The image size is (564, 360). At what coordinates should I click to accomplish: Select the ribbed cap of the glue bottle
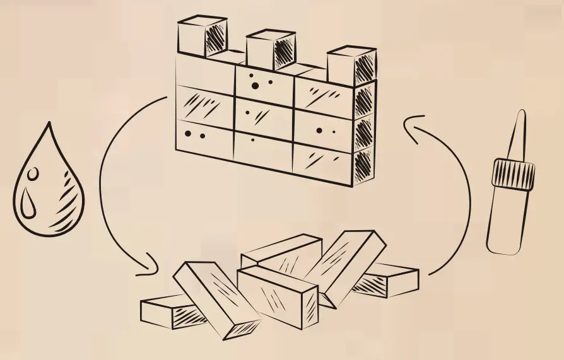click(513, 174)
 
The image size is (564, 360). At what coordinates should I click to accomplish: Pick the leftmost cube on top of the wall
click(201, 37)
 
